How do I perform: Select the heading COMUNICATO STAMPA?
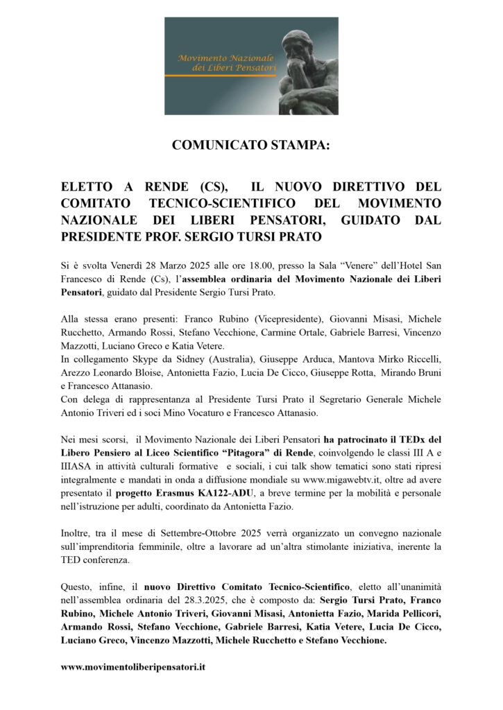[251, 146]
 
